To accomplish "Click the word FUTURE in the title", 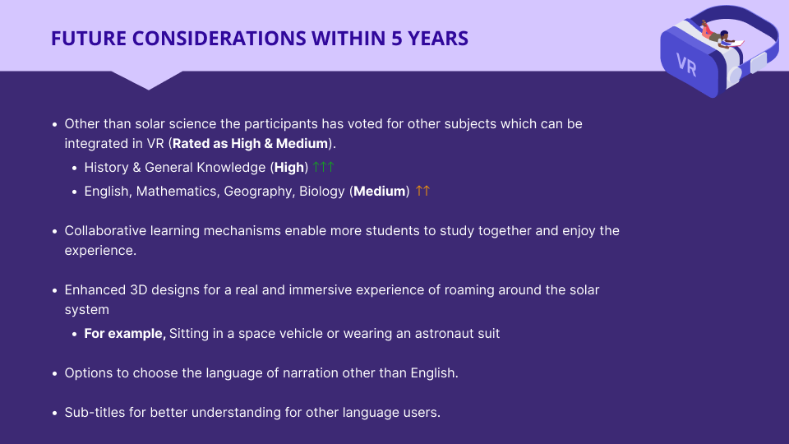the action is click(89, 39).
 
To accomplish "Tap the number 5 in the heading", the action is click(396, 39).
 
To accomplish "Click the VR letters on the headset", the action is click(686, 65).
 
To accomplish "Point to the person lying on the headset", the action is click(721, 36).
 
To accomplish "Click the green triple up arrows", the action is click(323, 167).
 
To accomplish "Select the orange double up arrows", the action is click(422, 191).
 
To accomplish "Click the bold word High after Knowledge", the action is click(288, 168).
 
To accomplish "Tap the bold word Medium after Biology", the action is click(380, 192).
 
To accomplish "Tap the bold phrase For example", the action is click(125, 334).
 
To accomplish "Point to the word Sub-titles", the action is click(95, 412).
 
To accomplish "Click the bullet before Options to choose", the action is click(55, 374).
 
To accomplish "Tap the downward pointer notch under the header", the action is click(148, 81).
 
